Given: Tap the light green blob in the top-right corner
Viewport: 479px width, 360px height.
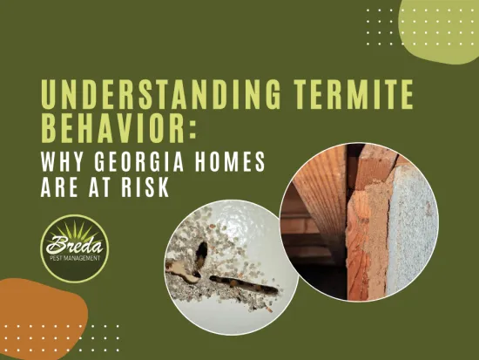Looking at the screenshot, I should pos(444,26).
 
